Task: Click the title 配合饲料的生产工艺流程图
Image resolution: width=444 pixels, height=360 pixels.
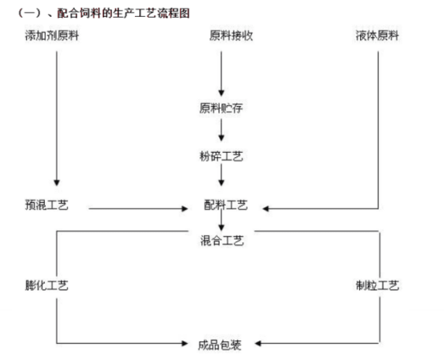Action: coord(123,14)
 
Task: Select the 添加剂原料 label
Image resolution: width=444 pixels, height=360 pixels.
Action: coord(52,36)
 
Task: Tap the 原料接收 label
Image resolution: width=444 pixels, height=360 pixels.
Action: coord(231,36)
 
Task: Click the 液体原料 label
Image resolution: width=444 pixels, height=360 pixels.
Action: coord(378,36)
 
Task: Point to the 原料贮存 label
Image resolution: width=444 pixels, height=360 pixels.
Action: coord(221,108)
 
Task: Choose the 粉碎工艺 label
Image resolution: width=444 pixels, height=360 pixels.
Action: coord(221,156)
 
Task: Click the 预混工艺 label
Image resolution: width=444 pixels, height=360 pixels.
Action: coord(47,205)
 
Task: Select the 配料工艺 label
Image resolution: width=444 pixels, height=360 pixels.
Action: coord(226,205)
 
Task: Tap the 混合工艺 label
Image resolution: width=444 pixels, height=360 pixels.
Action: coord(222,241)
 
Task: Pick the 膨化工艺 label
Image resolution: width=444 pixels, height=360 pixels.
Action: coord(47,285)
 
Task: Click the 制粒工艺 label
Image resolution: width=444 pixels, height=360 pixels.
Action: coord(378,285)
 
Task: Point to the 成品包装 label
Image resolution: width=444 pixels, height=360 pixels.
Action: coord(219,345)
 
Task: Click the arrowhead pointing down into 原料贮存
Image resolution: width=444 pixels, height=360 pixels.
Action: coord(222,93)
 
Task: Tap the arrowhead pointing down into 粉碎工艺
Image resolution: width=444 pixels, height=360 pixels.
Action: coord(222,138)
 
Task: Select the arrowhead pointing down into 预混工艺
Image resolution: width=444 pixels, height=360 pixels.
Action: coord(57,183)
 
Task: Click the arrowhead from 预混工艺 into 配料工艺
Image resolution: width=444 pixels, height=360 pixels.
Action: coord(184,209)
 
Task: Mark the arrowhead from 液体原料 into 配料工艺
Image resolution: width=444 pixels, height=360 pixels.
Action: coord(266,209)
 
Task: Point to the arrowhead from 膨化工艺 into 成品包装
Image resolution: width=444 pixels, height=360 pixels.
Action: coord(184,344)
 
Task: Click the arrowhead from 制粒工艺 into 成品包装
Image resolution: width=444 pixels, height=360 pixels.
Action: coord(258,344)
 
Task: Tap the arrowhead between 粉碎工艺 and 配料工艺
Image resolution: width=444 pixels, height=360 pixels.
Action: coord(222,183)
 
